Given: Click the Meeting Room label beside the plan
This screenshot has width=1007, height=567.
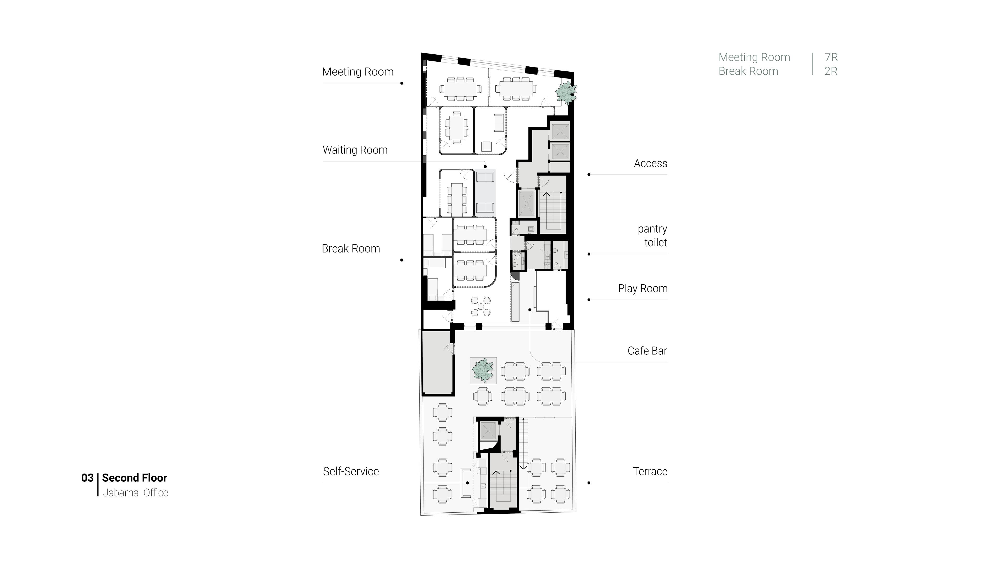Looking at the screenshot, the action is tap(358, 72).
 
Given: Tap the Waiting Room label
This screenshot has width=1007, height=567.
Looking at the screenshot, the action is tap(355, 150).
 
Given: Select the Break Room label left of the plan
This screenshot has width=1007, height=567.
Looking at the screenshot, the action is tap(351, 249).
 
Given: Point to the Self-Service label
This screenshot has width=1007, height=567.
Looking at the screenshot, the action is tap(351, 471).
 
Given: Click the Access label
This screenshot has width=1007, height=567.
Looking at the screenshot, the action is tap(650, 164).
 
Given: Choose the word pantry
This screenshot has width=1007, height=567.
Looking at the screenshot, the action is tap(652, 229).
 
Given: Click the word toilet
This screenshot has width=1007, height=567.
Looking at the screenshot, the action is tap(656, 243).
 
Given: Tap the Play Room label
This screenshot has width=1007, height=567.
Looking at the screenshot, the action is tap(643, 289).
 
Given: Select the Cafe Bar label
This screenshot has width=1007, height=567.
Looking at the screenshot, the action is tap(647, 351).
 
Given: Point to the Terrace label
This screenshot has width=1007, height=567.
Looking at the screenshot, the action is tap(650, 471).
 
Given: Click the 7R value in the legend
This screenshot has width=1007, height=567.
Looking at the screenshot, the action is tap(831, 57).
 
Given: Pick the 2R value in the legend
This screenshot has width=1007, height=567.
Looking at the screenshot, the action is tap(831, 71).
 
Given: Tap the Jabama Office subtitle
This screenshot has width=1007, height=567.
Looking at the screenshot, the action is tap(136, 493).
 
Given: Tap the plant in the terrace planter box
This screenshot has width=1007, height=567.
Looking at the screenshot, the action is tap(483, 370).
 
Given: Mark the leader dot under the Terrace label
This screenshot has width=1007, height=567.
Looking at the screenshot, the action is tap(589, 483).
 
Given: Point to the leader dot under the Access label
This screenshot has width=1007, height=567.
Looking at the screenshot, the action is tap(589, 175).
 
